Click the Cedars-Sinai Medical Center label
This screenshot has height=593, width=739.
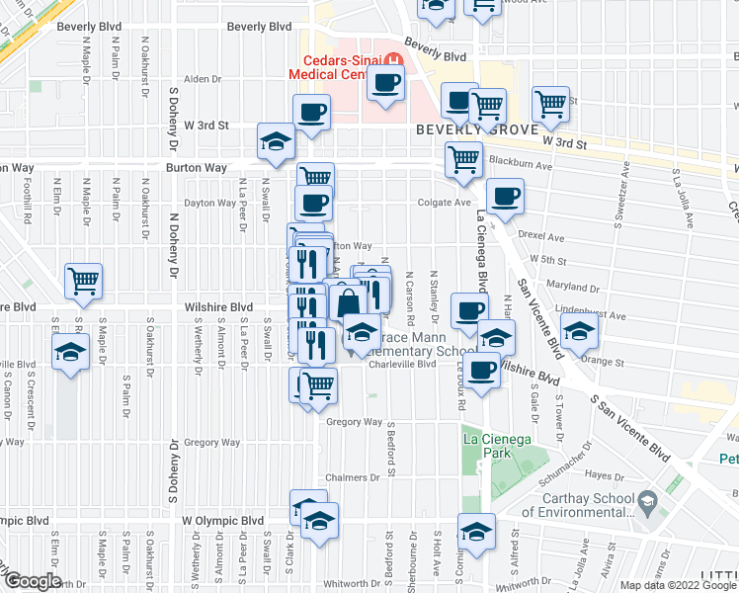(x=337, y=65)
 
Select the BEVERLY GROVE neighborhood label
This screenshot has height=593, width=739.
(x=476, y=129)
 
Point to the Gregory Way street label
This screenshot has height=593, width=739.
(x=354, y=422)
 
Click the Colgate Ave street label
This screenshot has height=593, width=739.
(x=449, y=203)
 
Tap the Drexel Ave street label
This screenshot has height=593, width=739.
(x=541, y=238)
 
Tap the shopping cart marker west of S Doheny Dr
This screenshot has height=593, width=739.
(x=84, y=280)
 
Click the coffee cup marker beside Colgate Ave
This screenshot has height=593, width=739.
(x=505, y=196)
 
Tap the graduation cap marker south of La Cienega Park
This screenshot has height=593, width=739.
(x=476, y=533)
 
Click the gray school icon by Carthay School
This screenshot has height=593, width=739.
(x=647, y=500)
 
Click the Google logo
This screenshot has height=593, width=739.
(x=32, y=581)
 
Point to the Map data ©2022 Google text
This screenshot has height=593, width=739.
(x=679, y=585)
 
